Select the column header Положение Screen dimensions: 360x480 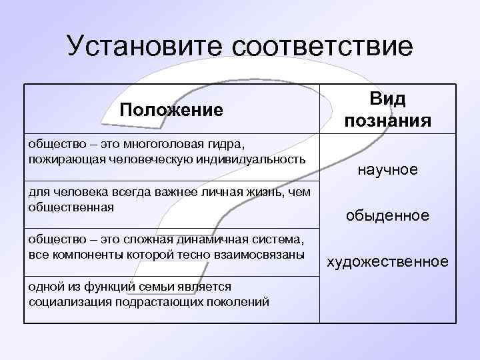171,109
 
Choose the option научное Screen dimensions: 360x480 387,171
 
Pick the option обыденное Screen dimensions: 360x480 387,216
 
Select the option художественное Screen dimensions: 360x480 387,261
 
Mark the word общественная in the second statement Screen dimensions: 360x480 71,207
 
